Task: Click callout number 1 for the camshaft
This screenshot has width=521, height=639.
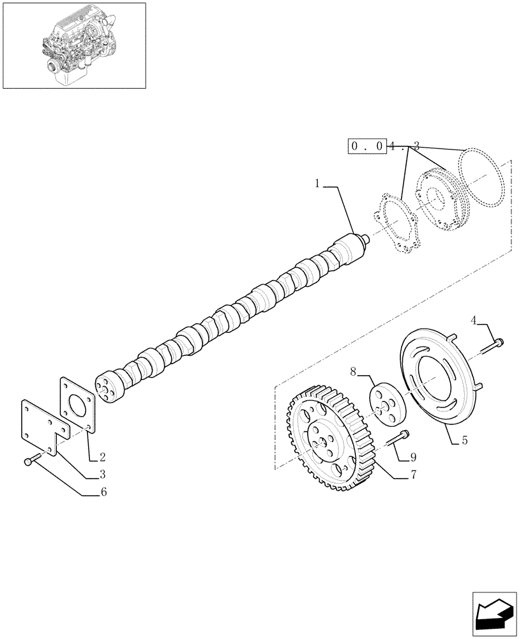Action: (x=317, y=184)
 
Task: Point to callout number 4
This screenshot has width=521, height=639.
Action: (x=474, y=319)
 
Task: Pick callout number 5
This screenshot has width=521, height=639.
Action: (x=464, y=440)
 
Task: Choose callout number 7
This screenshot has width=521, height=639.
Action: (x=413, y=475)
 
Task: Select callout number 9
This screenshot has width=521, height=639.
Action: (x=413, y=458)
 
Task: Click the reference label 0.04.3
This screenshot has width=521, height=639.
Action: (x=383, y=146)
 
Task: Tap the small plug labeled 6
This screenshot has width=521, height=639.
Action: (x=29, y=461)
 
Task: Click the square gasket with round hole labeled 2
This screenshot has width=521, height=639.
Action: (x=78, y=405)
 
